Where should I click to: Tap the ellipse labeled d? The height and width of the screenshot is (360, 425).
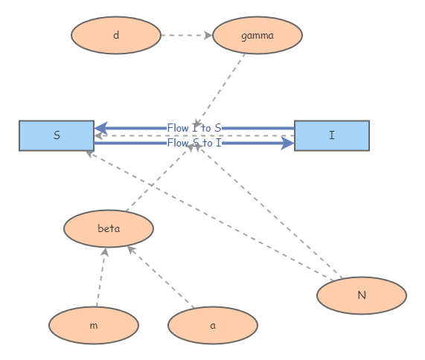coord(116,35)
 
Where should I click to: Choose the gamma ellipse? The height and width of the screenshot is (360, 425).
coord(258,35)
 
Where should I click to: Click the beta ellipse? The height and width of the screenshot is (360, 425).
coord(109,228)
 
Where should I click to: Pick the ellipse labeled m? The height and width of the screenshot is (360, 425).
coord(94,325)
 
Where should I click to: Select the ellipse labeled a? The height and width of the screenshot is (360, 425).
coord(213,325)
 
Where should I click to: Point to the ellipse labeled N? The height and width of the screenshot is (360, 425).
coord(362,295)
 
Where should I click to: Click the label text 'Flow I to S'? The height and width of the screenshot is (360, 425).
coord(194,128)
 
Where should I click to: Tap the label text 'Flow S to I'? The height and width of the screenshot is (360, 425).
coord(194,143)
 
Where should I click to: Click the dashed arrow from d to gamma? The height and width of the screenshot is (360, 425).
coord(186,35)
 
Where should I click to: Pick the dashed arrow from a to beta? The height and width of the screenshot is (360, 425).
coord(160,277)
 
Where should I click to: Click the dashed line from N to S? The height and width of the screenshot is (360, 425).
coord(208,216)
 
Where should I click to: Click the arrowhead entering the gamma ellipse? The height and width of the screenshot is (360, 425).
coord(208,35)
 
